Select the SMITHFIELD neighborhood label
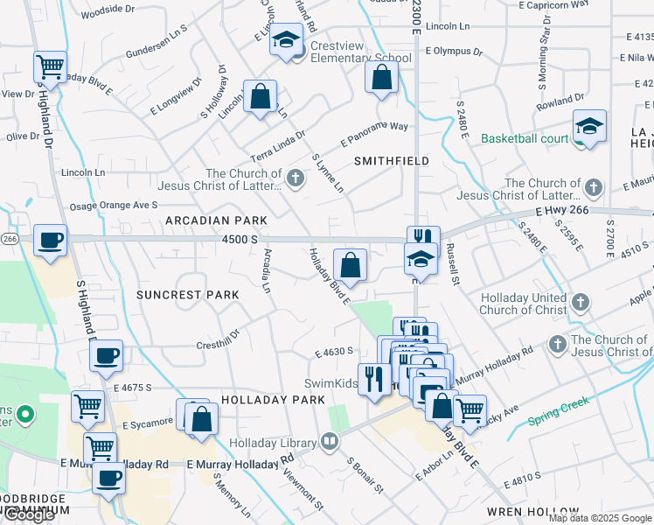(392, 161)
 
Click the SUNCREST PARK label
(187, 295)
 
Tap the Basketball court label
(524, 138)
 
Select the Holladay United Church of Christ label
(523, 304)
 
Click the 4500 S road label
(240, 239)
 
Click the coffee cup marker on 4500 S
(50, 239)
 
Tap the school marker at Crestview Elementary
(286, 40)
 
